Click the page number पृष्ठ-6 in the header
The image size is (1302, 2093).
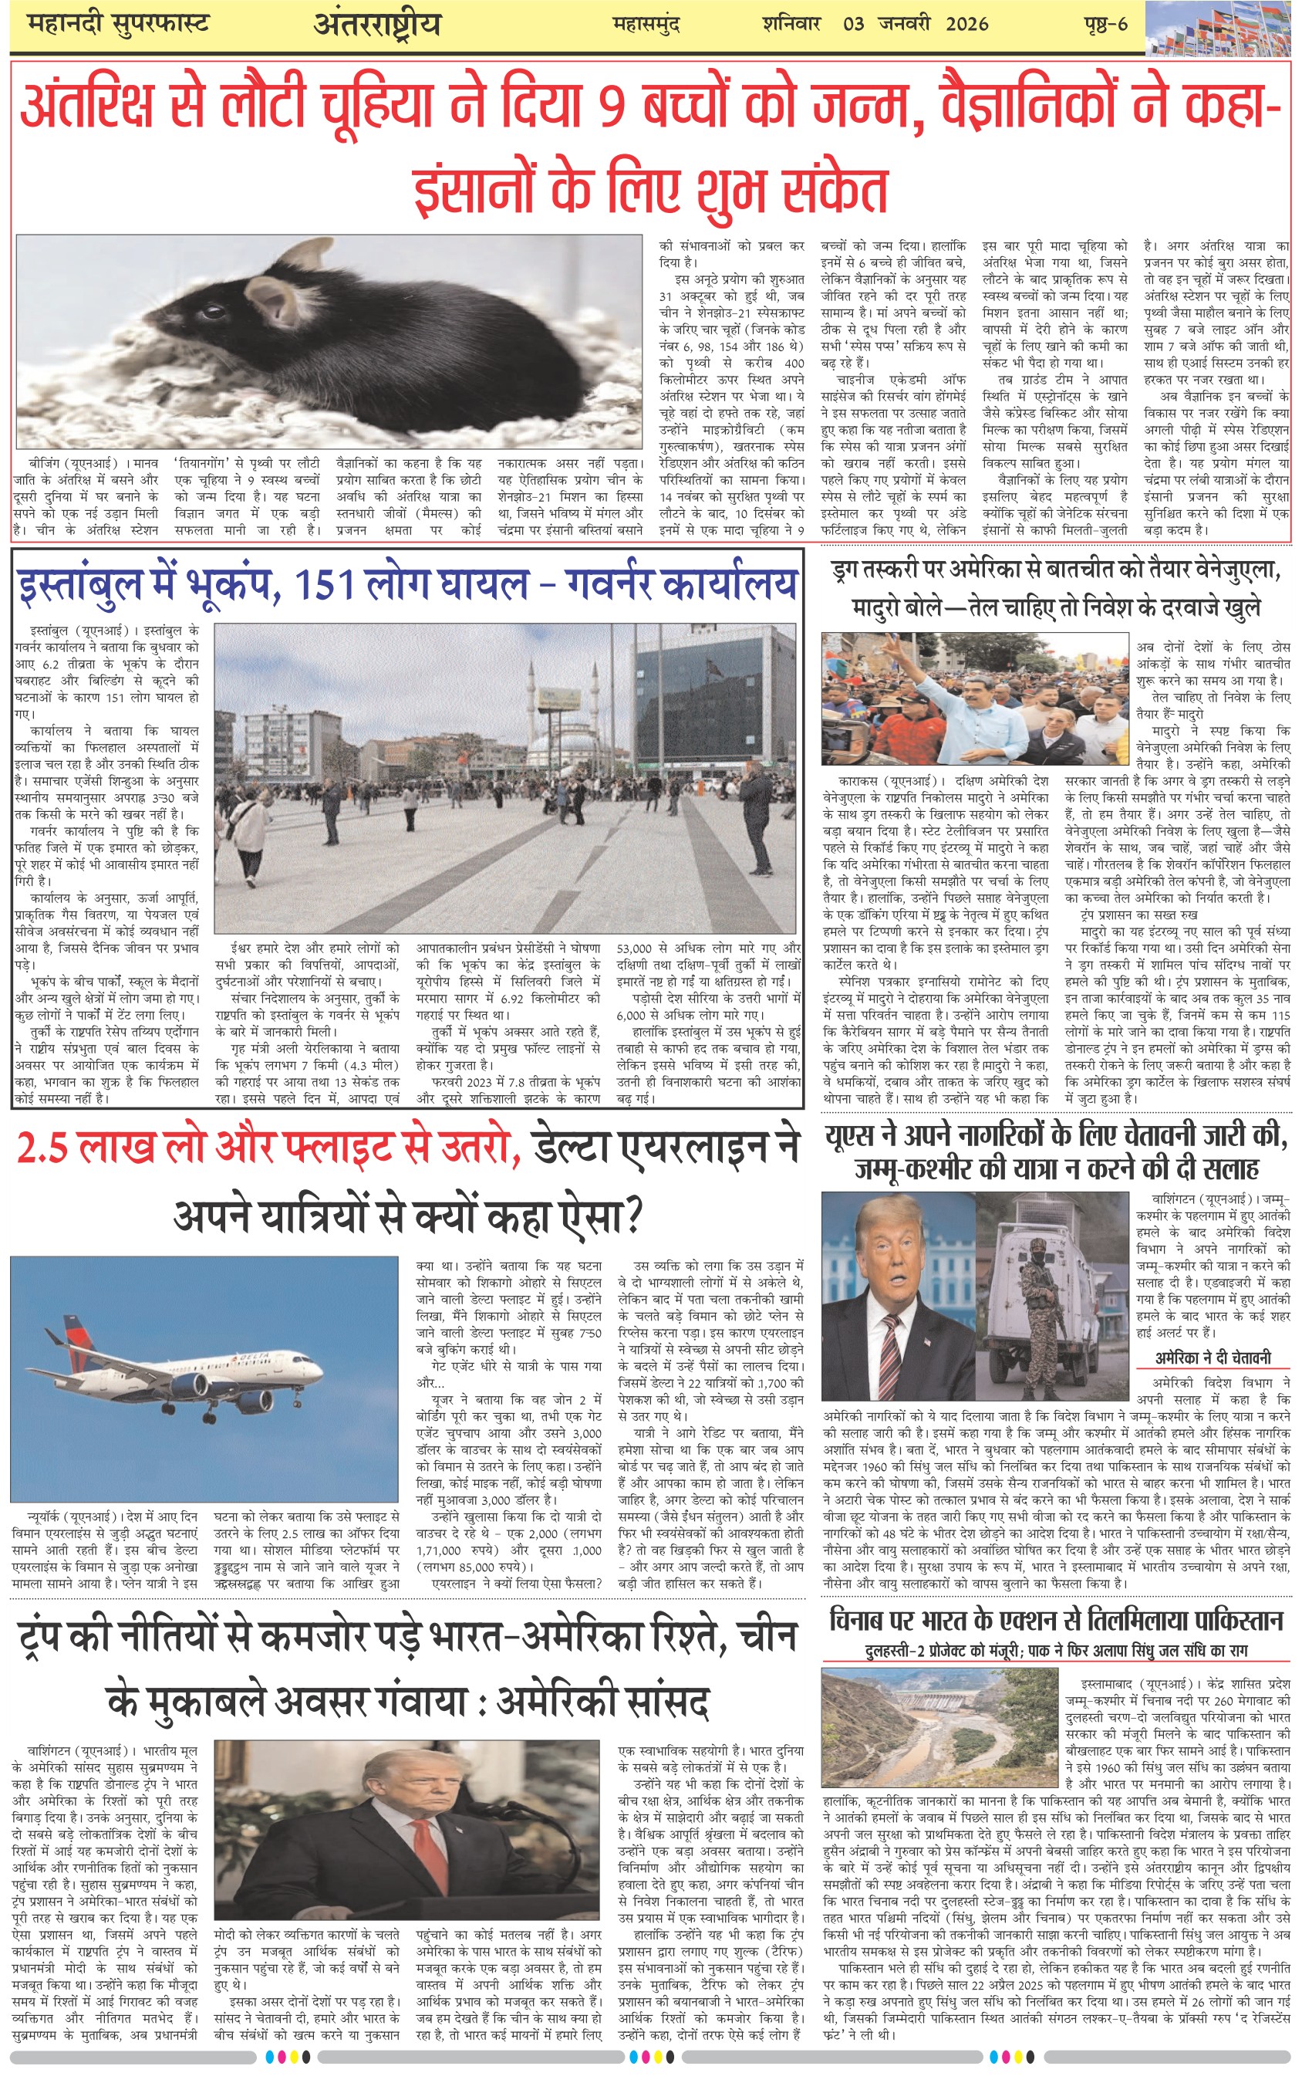coord(1105,23)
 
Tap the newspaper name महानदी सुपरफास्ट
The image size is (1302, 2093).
coord(118,23)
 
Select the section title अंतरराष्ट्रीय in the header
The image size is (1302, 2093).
coord(376,25)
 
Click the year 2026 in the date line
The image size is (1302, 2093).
coord(966,23)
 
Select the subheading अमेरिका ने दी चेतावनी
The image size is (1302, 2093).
coord(1213,1358)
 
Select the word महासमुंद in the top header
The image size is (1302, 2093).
coord(646,24)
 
